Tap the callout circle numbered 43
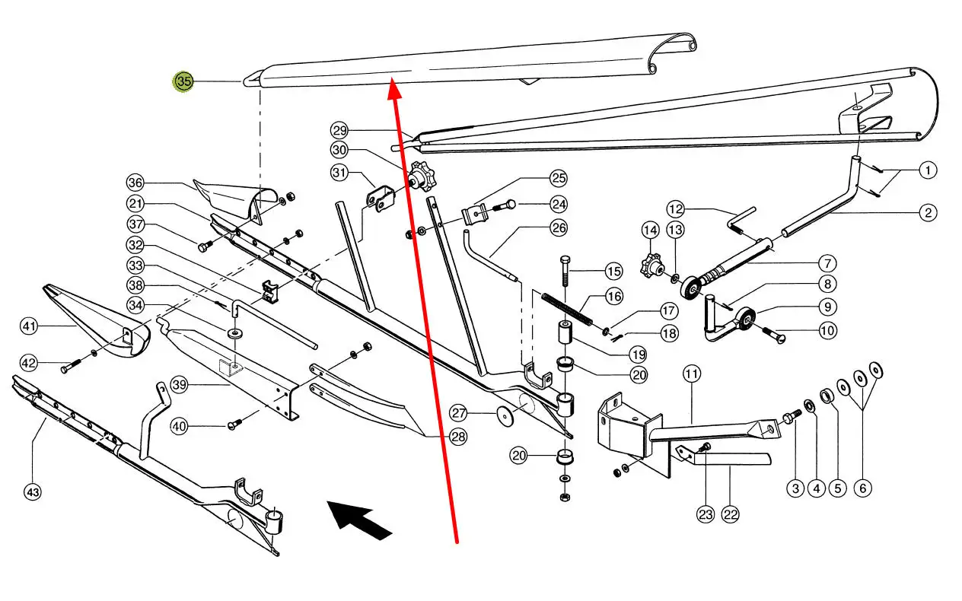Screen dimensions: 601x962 pos(33,493)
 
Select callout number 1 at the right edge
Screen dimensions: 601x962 pos(928,170)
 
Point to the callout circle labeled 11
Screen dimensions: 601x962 pos(692,374)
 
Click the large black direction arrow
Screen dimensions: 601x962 pos(360,520)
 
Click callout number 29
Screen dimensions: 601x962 pos(339,129)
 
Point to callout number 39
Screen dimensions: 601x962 pos(179,386)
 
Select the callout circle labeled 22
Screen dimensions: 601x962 pos(731,515)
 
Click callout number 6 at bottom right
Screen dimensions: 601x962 pos(862,488)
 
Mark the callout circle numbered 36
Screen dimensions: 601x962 pos(135,183)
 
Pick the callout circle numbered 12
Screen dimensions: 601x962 pos(676,208)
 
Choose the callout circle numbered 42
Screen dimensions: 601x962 pos(29,363)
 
